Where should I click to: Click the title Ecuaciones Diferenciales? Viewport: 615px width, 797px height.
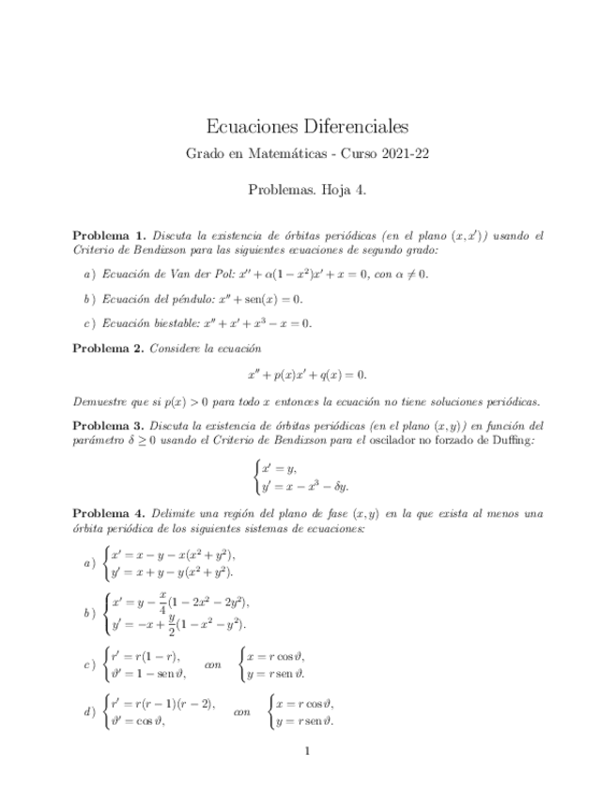point(307,125)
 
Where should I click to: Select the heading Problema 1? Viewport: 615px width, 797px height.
point(109,235)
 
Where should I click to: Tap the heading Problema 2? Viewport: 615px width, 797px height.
point(109,348)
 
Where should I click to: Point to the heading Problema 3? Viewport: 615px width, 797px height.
point(109,425)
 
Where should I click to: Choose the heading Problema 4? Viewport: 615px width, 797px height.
point(109,514)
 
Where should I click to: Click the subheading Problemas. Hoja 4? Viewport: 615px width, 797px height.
point(307,189)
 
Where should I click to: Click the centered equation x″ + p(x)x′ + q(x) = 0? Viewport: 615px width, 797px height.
point(307,374)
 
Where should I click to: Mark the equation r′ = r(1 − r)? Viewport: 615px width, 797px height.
point(145,656)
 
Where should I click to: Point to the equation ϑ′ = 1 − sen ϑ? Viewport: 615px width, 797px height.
point(148,673)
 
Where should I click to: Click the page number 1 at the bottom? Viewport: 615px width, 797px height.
point(307,752)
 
